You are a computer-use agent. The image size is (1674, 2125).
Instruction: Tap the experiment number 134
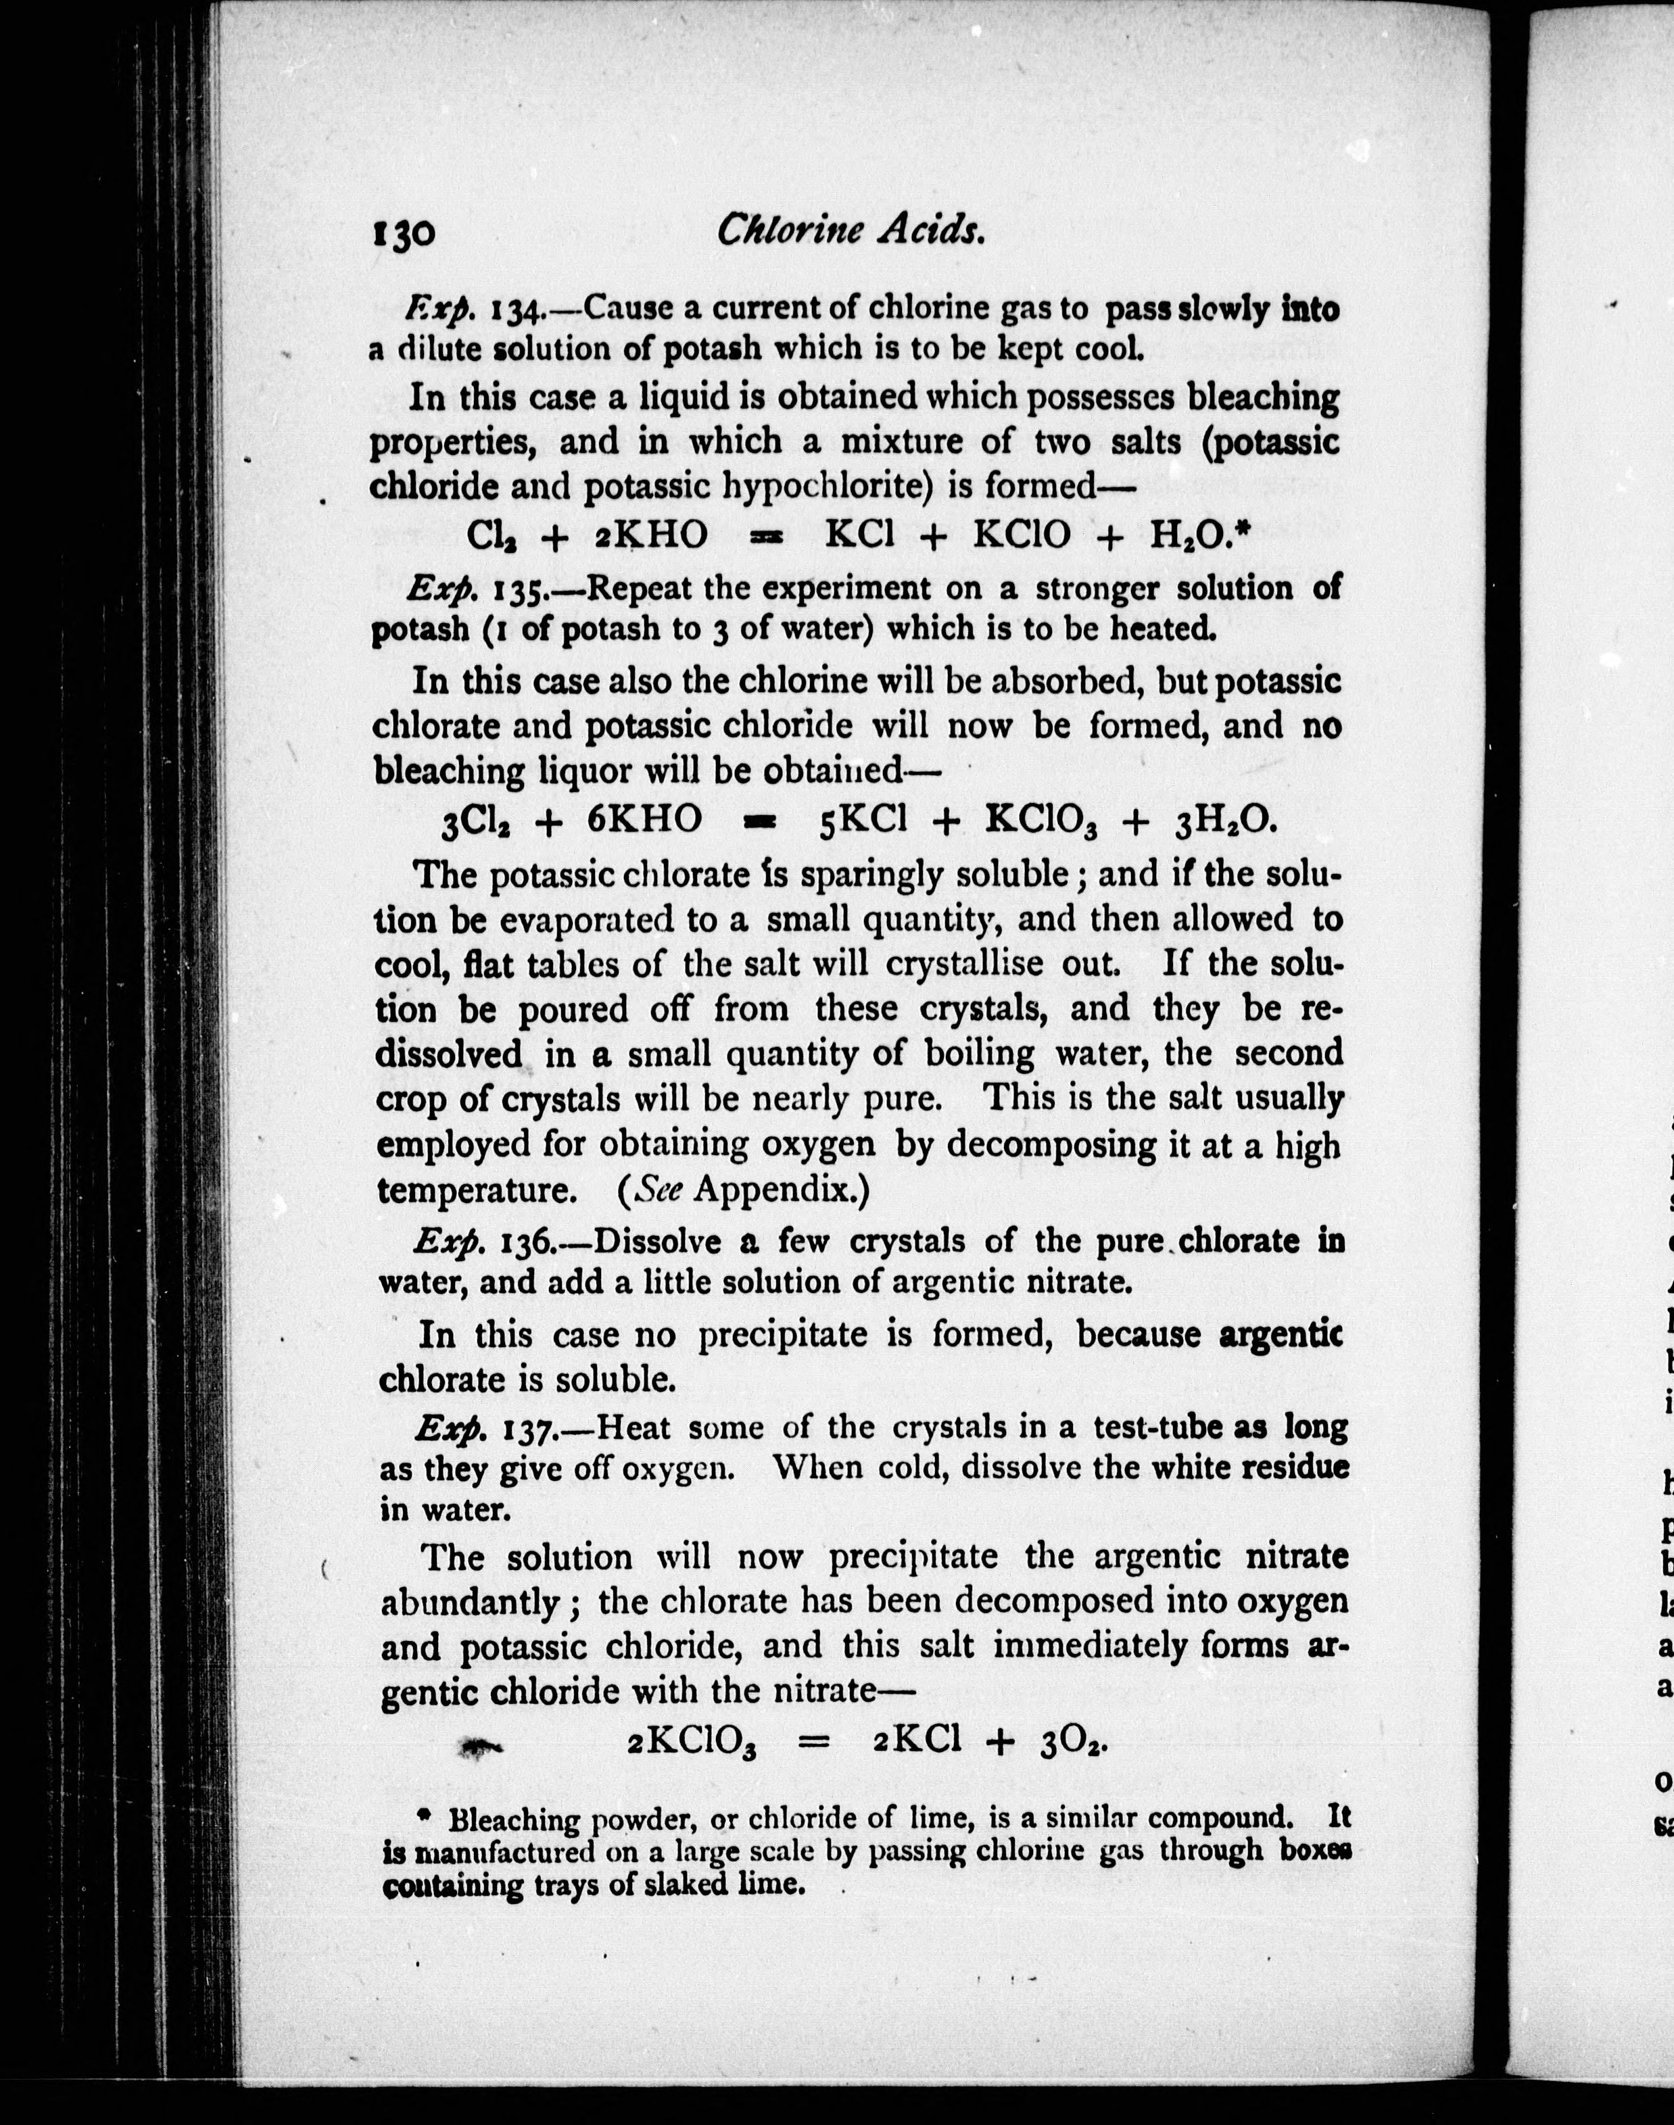coord(514,310)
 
